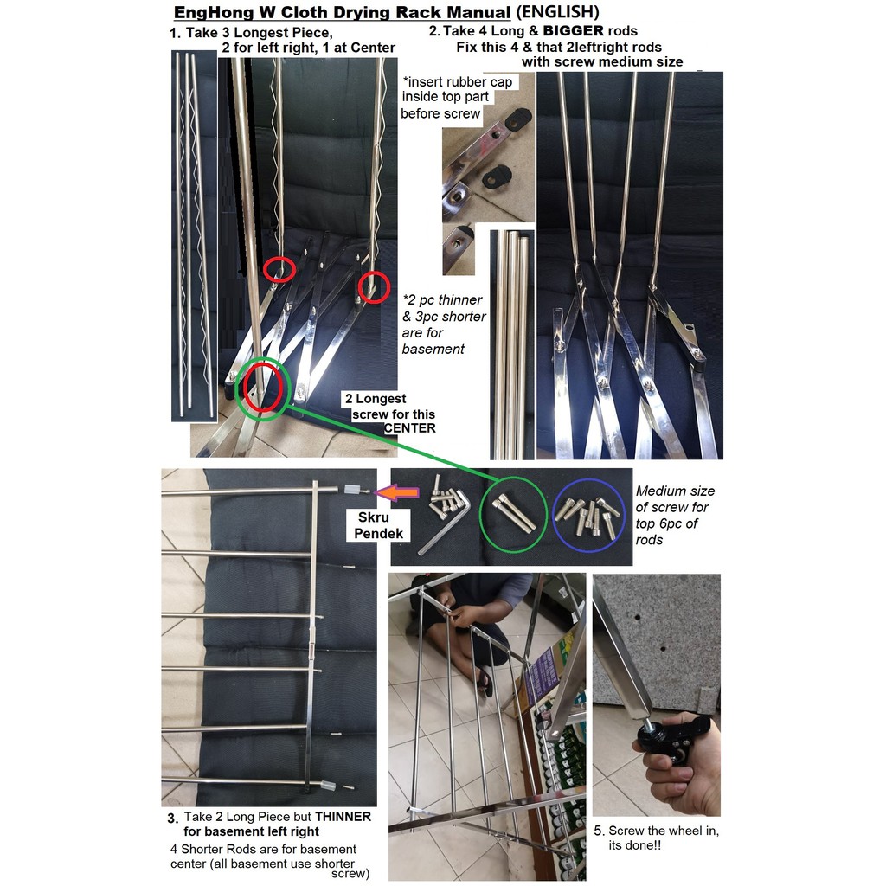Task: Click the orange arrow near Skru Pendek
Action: coord(398,492)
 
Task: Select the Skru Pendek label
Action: coord(379,525)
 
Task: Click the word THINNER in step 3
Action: coord(343,817)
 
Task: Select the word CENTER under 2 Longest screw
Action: coord(409,428)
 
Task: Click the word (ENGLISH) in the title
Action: coord(555,12)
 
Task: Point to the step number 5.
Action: coord(600,831)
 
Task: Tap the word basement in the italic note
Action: coord(433,350)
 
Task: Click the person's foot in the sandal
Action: coord(485,682)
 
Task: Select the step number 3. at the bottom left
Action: coord(173,819)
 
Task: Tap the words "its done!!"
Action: coord(634,845)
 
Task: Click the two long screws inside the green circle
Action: coord(514,513)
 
